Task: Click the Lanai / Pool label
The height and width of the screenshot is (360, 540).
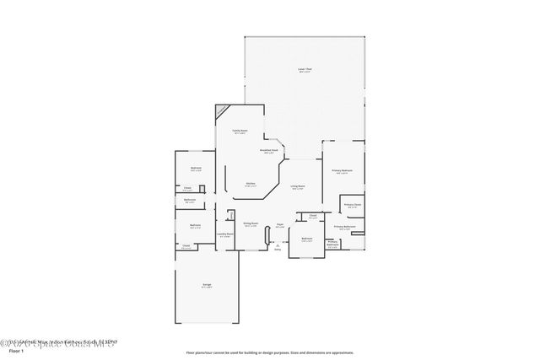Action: pyautogui.click(x=305, y=70)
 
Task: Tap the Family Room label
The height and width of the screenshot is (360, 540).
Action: pyautogui.click(x=240, y=132)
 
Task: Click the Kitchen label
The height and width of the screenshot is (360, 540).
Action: pyautogui.click(x=251, y=184)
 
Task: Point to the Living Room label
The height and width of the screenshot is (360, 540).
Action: pyautogui.click(x=298, y=186)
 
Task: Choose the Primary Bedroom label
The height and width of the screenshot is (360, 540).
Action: pyautogui.click(x=342, y=170)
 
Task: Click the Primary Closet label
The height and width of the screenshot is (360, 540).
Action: pyautogui.click(x=352, y=206)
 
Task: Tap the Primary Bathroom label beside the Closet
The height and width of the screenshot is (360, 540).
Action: pyautogui.click(x=344, y=227)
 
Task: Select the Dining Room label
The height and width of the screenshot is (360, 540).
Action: pyautogui.click(x=251, y=224)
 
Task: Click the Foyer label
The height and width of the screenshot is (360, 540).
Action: pyautogui.click(x=278, y=224)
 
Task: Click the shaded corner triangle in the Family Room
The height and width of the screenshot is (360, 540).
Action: pyautogui.click(x=222, y=110)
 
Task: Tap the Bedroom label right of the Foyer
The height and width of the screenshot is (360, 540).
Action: pyautogui.click(x=307, y=239)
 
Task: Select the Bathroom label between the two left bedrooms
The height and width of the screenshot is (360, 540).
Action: pyautogui.click(x=191, y=201)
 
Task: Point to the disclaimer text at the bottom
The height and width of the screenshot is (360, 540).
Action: pyautogui.click(x=270, y=352)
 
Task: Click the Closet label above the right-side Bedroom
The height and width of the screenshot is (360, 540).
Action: pyautogui.click(x=312, y=217)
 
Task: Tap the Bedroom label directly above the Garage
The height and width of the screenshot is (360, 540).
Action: pyautogui.click(x=195, y=225)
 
